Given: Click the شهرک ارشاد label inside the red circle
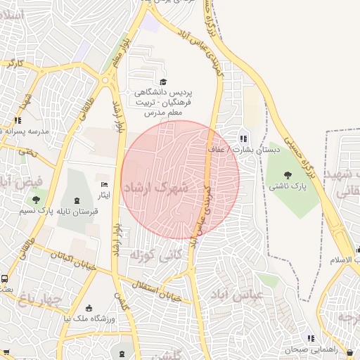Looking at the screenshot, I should [157, 188].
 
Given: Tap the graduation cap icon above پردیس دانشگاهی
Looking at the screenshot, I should [164, 82].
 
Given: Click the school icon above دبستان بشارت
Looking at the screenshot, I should [243, 139].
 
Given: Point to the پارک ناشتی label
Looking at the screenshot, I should [288, 186].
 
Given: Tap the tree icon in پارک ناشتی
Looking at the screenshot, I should [287, 175].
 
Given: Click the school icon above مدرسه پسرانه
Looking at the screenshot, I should [17, 121].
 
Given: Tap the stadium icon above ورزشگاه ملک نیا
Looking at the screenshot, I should [89, 307].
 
